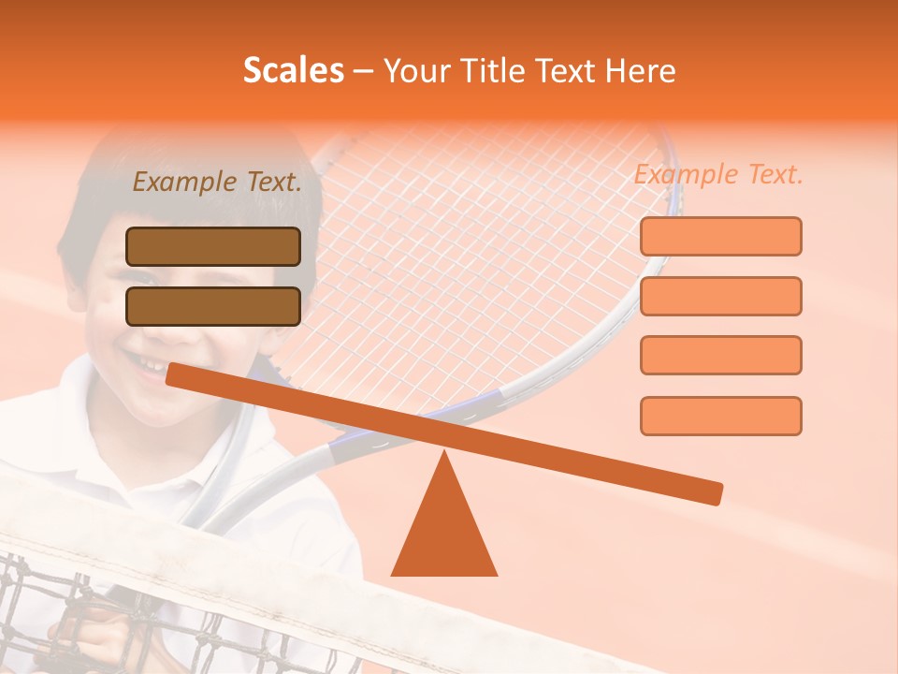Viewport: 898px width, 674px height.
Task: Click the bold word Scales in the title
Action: [293, 70]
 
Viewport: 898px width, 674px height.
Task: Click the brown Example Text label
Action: [217, 183]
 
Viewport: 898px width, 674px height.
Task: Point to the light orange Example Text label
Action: [718, 175]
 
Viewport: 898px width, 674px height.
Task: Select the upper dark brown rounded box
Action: [213, 246]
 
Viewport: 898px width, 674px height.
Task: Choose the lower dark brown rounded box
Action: [213, 306]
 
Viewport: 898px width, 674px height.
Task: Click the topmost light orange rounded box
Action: [720, 236]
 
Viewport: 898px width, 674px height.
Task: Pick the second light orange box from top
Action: [720, 296]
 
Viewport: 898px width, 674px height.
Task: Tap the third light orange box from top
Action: [720, 356]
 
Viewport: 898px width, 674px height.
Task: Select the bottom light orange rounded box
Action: [720, 416]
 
